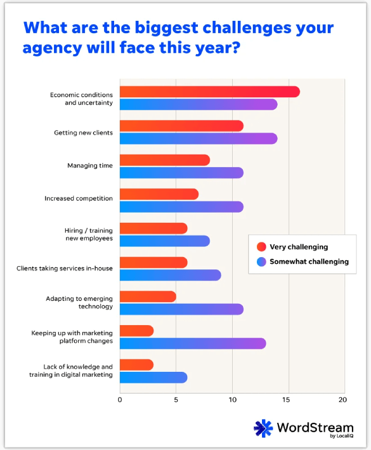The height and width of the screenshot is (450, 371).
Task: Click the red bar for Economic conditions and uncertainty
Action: pyautogui.click(x=209, y=92)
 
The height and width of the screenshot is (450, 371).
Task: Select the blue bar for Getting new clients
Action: pyautogui.click(x=198, y=138)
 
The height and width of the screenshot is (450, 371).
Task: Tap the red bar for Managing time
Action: pyautogui.click(x=164, y=160)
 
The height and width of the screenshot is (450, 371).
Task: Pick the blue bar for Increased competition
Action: pyautogui.click(x=181, y=207)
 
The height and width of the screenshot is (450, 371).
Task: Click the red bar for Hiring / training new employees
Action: pyautogui.click(x=153, y=229)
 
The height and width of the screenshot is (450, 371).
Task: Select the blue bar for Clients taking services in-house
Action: pyautogui.click(x=170, y=275)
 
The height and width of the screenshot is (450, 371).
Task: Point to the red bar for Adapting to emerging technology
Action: pyautogui.click(x=147, y=296)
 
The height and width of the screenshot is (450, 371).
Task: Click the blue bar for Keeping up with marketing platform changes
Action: pyautogui.click(x=192, y=343)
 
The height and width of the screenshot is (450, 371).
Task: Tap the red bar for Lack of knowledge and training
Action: pyautogui.click(x=136, y=365)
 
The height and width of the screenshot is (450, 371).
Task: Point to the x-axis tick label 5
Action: pyautogui.click(x=176, y=400)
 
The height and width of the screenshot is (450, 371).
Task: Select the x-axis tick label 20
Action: pyautogui.click(x=342, y=400)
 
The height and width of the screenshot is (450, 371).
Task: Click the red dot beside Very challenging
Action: pyautogui.click(x=261, y=247)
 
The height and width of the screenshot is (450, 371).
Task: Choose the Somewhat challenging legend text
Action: pyautogui.click(x=309, y=262)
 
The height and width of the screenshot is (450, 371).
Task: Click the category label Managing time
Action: pyautogui.click(x=90, y=166)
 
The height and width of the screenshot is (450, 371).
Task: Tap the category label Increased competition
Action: pyautogui.click(x=79, y=199)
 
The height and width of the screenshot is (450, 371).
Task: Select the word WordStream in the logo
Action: pyautogui.click(x=315, y=427)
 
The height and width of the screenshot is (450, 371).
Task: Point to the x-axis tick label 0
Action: pyautogui.click(x=120, y=400)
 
